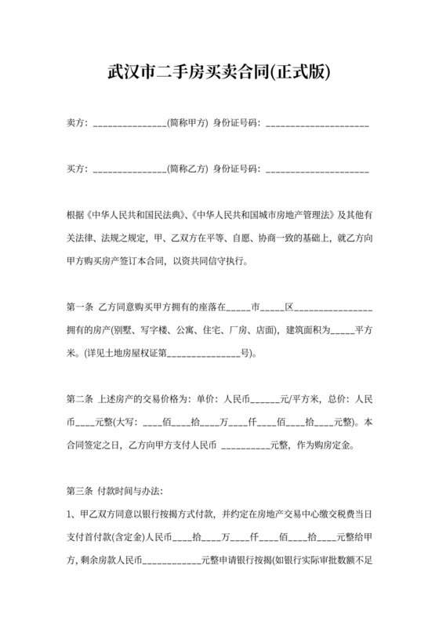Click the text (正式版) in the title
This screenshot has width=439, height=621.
[299, 74]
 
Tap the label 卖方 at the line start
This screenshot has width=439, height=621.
[75, 123]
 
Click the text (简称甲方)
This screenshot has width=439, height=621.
[188, 123]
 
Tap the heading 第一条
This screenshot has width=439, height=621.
[80, 303]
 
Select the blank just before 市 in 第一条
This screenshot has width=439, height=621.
[236, 303]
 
